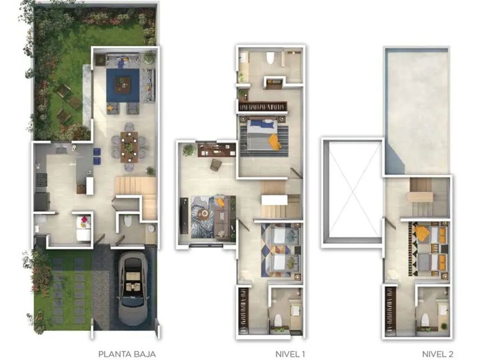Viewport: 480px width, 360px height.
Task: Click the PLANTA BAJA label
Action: coord(127,354)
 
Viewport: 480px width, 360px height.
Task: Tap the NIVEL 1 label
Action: coord(290,354)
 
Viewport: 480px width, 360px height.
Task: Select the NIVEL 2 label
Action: coord(438,354)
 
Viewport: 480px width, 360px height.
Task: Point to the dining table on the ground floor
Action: coord(129,147)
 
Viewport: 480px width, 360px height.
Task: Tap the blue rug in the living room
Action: coord(123,85)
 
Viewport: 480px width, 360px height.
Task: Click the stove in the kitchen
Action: coord(42,178)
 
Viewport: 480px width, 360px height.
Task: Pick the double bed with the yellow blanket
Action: coord(263,135)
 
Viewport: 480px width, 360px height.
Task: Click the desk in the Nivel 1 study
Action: coord(217,150)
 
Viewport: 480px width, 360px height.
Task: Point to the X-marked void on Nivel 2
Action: coord(353,192)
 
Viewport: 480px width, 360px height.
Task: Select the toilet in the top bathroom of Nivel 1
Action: coord(270,58)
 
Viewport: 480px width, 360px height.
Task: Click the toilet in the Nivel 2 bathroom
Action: coord(425,320)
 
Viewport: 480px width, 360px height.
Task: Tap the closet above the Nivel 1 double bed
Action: coord(263,107)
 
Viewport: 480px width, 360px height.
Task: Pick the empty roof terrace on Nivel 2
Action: coord(417,112)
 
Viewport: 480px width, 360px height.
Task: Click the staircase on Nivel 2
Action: coord(422,197)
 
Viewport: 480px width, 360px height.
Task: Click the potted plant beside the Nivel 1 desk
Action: coord(189,150)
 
